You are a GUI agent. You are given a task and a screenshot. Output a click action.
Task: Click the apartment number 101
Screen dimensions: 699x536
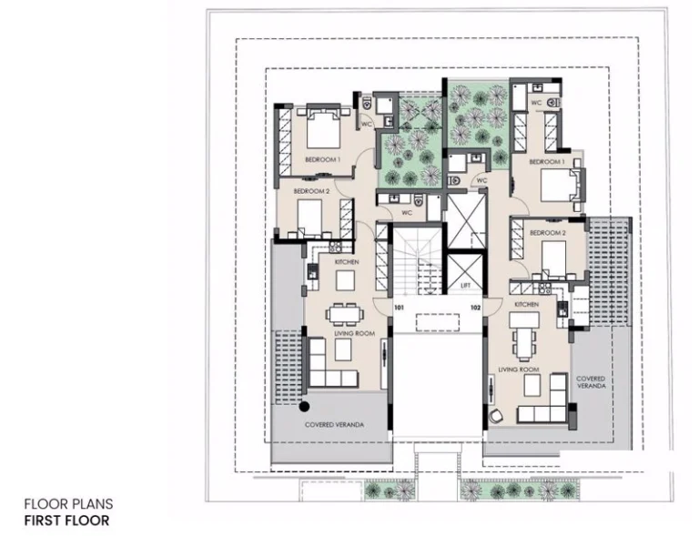399,308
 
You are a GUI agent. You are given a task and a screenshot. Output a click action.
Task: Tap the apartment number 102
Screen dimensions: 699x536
476,308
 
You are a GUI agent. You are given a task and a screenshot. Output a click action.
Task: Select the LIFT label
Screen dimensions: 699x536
465,286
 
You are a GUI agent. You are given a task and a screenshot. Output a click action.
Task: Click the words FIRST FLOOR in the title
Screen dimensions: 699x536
66,521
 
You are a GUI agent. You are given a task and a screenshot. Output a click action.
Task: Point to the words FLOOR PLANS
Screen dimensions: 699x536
68,504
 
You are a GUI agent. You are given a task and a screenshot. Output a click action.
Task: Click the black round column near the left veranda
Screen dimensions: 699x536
305,407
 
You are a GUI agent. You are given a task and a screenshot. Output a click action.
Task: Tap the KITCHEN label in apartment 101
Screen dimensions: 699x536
347,262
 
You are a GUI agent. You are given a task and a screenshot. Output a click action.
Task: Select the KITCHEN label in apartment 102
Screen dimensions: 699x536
526,304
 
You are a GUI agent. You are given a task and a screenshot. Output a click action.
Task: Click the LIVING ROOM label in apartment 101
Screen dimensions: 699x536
355,333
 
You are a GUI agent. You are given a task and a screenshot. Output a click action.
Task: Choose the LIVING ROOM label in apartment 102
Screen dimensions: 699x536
519,369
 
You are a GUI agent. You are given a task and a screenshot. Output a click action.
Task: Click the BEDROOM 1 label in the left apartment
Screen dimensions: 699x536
323,159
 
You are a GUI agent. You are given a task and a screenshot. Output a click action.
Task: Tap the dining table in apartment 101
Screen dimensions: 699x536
345,314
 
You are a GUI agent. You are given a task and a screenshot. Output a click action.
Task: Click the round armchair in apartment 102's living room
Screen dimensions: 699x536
496,416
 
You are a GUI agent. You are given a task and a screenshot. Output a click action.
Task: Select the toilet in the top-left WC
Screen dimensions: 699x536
367,104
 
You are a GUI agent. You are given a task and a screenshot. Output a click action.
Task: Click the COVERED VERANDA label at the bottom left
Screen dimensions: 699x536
334,425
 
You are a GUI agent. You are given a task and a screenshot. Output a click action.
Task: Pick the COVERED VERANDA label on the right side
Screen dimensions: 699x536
591,382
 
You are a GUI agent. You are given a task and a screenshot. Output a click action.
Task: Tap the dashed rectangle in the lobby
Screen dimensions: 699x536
437,322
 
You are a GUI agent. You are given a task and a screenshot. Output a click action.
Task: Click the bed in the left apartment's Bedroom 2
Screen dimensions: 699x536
309,217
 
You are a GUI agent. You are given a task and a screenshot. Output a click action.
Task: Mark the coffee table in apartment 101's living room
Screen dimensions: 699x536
343,349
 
